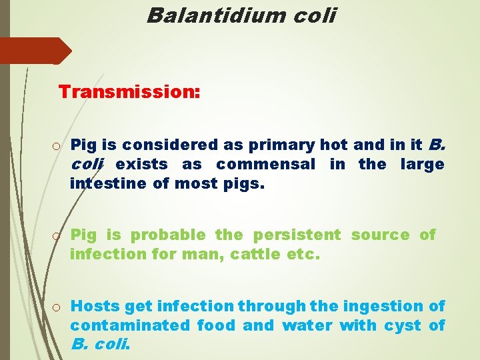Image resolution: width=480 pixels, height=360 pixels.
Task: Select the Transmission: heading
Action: tap(129, 91)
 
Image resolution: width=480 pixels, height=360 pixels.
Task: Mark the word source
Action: tap(381, 235)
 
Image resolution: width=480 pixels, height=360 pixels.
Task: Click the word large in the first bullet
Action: tap(422, 164)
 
